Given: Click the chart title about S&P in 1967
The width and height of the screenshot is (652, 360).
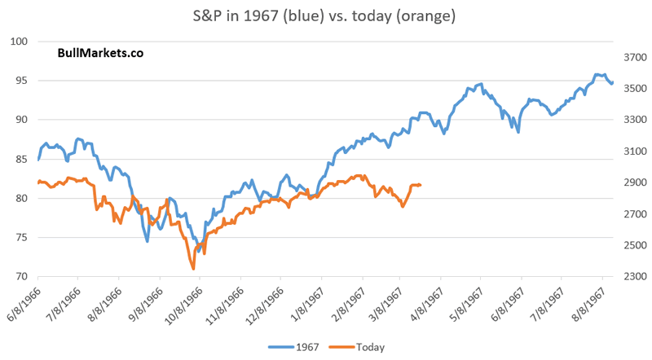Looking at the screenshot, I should [x=325, y=15].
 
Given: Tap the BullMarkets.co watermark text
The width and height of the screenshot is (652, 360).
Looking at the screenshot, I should [x=100, y=54].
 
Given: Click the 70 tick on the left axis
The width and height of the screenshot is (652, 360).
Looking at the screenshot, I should [x=23, y=277].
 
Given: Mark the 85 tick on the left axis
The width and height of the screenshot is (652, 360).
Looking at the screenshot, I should [x=23, y=159].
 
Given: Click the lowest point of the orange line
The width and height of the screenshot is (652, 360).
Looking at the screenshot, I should [x=193, y=268].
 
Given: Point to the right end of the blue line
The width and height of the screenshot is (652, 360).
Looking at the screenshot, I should [x=612, y=83].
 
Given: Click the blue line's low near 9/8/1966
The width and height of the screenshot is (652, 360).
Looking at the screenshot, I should [x=148, y=241].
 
